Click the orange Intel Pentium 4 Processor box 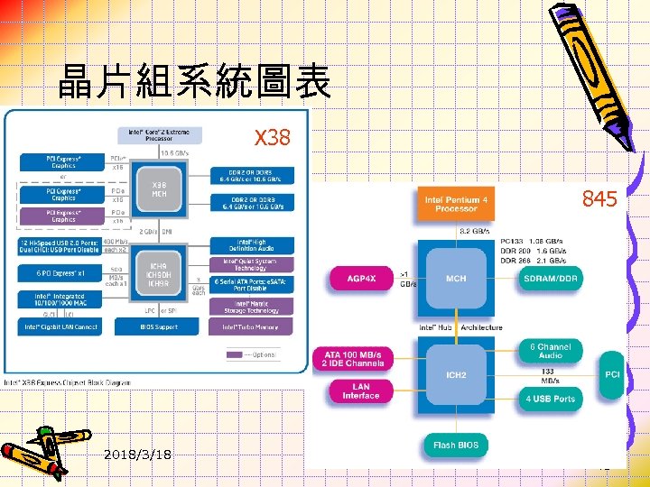point(456,203)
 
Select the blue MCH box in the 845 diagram point(456,278)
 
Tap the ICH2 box point(456,374)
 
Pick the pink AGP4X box point(360,279)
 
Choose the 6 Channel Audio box point(551,352)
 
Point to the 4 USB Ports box point(552,398)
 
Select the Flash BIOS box point(455,445)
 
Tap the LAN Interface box point(360,391)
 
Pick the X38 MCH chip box point(159,191)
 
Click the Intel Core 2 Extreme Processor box point(166,133)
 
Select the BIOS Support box point(160,326)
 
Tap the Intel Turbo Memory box point(251,326)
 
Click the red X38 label point(273,138)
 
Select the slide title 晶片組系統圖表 point(194,84)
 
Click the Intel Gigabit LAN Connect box point(62,326)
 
